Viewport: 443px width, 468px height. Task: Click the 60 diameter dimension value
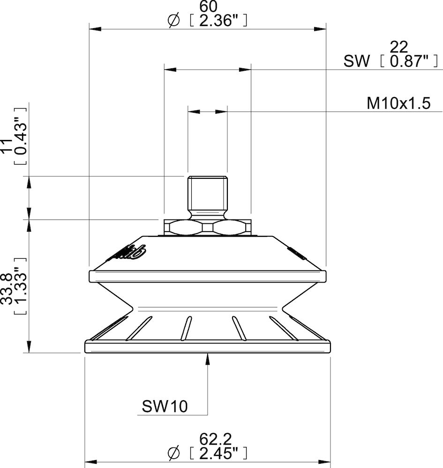(208, 7)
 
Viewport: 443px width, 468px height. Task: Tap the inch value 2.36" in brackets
(216, 21)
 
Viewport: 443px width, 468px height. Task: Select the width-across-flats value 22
(399, 46)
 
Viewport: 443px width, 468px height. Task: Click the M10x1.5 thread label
(398, 103)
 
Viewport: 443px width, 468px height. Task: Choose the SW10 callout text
(165, 406)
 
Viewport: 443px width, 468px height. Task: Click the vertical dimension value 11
(7, 146)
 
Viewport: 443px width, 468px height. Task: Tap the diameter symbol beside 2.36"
(173, 21)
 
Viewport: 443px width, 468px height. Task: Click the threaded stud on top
(207, 193)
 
